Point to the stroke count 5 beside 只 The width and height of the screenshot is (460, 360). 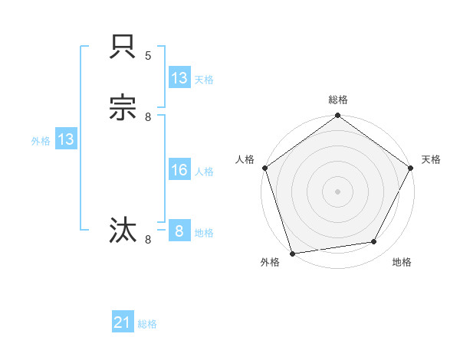(x=148, y=56)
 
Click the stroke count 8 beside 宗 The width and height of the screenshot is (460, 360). (x=148, y=116)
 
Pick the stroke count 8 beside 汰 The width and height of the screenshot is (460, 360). (x=148, y=240)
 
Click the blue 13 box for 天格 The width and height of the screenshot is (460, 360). (x=179, y=78)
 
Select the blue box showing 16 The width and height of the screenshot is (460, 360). (x=179, y=170)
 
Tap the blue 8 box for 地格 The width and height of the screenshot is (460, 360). (x=179, y=231)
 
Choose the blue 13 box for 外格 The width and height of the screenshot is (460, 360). (x=66, y=139)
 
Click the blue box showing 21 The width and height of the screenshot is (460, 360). (x=123, y=323)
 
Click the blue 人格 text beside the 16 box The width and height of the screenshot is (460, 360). (x=205, y=172)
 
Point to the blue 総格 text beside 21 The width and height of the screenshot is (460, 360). (x=147, y=324)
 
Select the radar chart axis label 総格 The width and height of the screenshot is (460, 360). (x=337, y=100)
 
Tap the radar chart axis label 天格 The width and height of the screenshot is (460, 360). (x=431, y=159)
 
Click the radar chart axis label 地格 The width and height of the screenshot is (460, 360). (x=402, y=262)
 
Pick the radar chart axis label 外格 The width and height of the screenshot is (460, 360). (x=270, y=262)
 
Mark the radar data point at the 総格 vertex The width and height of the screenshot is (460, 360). (x=337, y=116)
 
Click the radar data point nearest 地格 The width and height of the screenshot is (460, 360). (x=374, y=242)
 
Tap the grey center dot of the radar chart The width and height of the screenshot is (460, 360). (x=337, y=191)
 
